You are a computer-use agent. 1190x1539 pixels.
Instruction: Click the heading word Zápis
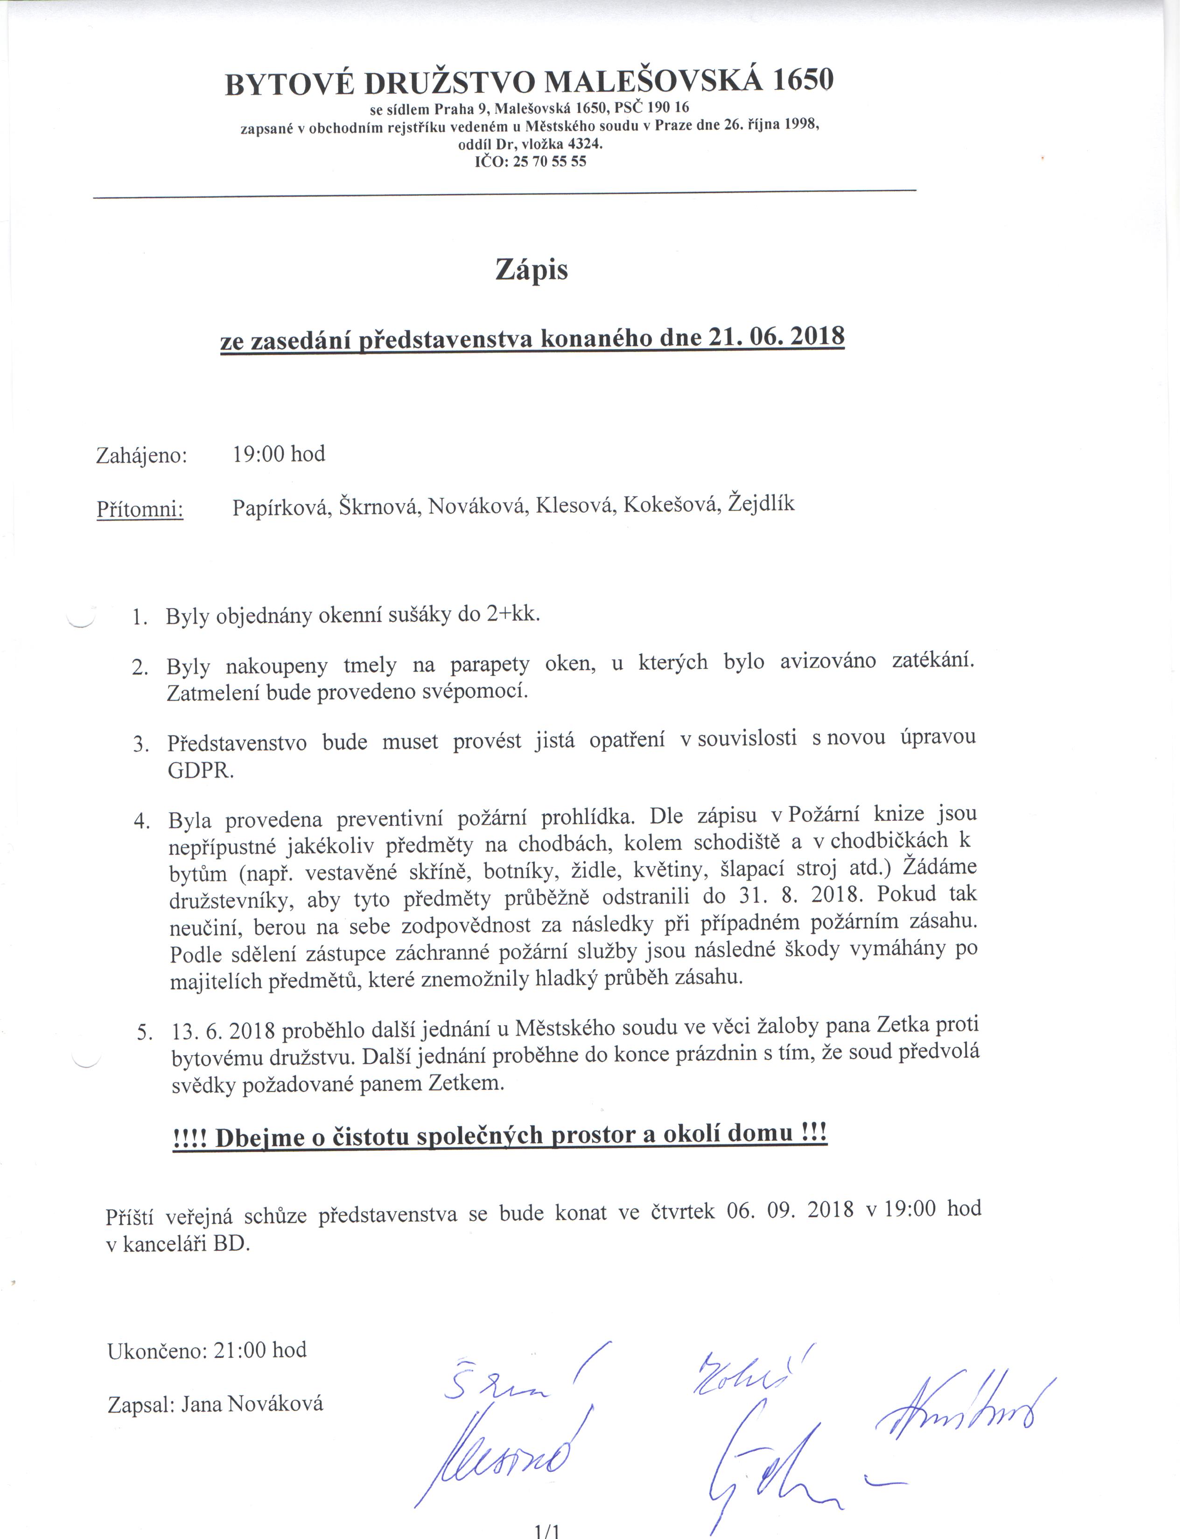(x=532, y=270)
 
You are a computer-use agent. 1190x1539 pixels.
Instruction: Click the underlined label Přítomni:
(x=140, y=509)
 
